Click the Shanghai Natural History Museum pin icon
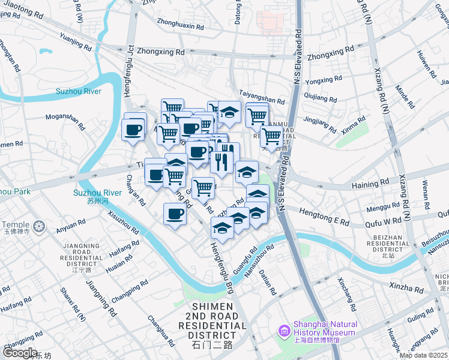(x=284, y=331)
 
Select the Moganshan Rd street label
(x=65, y=120)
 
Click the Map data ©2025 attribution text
(x=423, y=355)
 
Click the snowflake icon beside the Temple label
(x=40, y=227)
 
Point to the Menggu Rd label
(x=379, y=208)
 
